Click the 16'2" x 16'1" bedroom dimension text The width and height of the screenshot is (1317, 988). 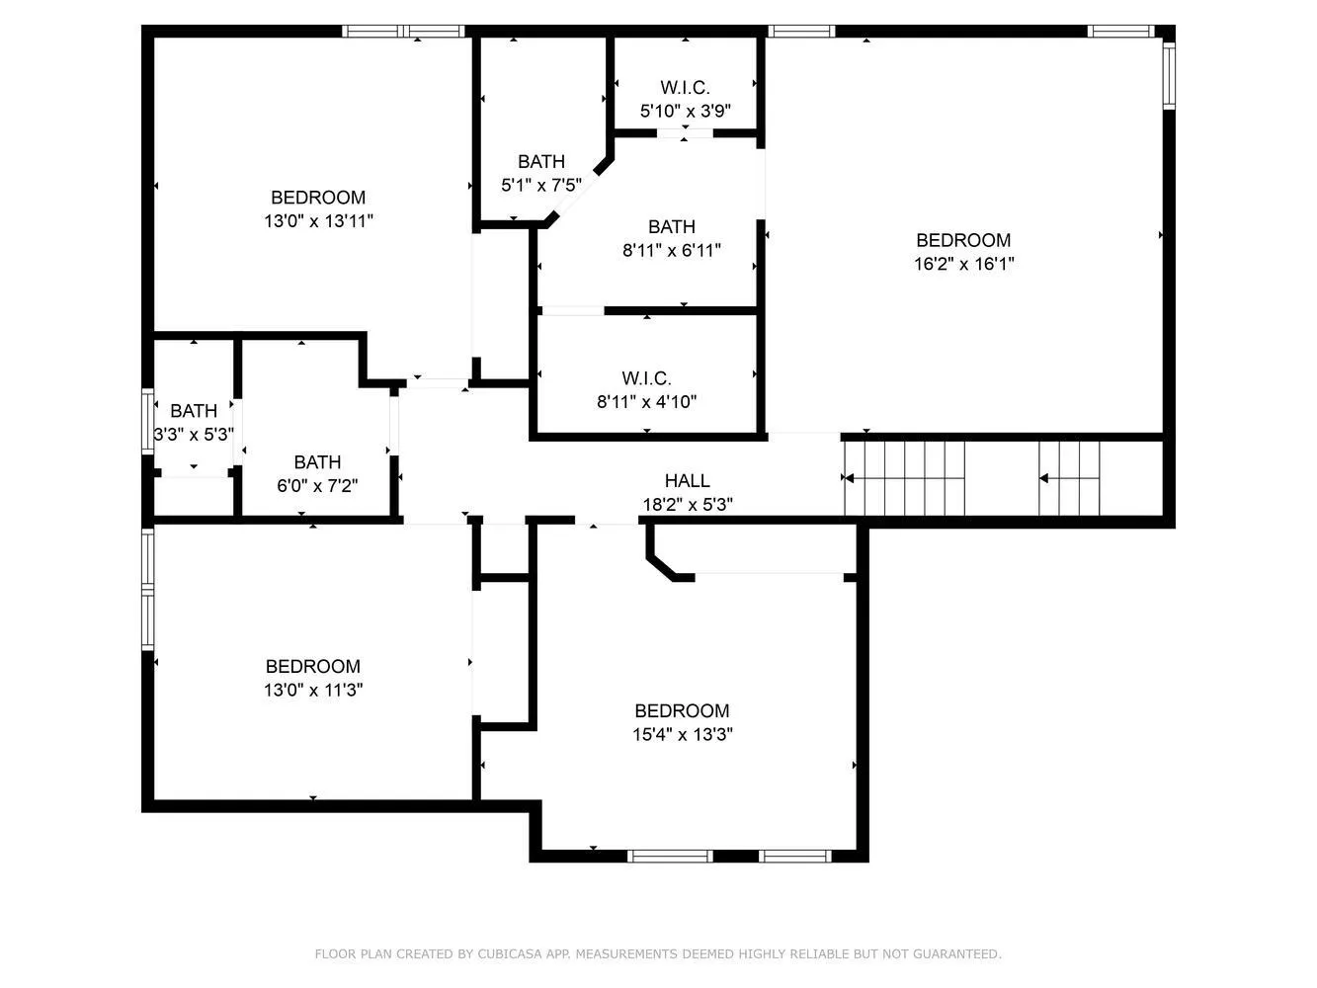963,264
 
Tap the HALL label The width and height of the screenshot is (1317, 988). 687,481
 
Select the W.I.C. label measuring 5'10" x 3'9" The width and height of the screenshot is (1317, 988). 685,88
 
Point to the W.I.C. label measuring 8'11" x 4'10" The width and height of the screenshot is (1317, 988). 646,378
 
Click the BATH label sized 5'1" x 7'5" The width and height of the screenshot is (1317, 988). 541,162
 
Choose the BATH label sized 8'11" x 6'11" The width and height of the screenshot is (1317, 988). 672,227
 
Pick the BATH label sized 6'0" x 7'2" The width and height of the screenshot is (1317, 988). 317,462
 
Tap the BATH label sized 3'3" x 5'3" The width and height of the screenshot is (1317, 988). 194,411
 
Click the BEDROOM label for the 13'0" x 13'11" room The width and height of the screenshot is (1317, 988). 318,198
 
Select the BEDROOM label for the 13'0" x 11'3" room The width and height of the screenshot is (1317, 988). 312,667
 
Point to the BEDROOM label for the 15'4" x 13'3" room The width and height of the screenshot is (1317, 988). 682,711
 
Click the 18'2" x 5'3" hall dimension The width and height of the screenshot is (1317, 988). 688,505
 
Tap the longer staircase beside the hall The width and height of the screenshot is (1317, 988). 904,478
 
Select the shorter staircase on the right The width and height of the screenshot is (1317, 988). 1069,478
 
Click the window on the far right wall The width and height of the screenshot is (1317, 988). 1168,75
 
